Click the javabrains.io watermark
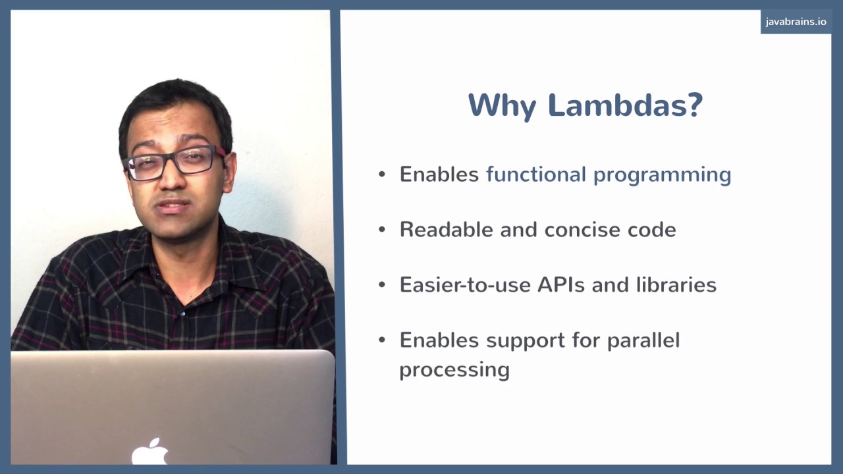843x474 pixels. [x=796, y=22]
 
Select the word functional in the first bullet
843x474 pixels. [x=535, y=174]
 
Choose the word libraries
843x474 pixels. [x=676, y=284]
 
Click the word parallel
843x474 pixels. [x=643, y=341]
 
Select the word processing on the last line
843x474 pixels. [x=454, y=370]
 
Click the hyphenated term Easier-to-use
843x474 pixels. [x=465, y=284]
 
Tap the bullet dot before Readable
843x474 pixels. [x=382, y=230]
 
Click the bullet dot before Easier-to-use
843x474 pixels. [x=382, y=285]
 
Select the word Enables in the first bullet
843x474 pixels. [x=439, y=174]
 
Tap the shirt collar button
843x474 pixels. [x=182, y=313]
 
